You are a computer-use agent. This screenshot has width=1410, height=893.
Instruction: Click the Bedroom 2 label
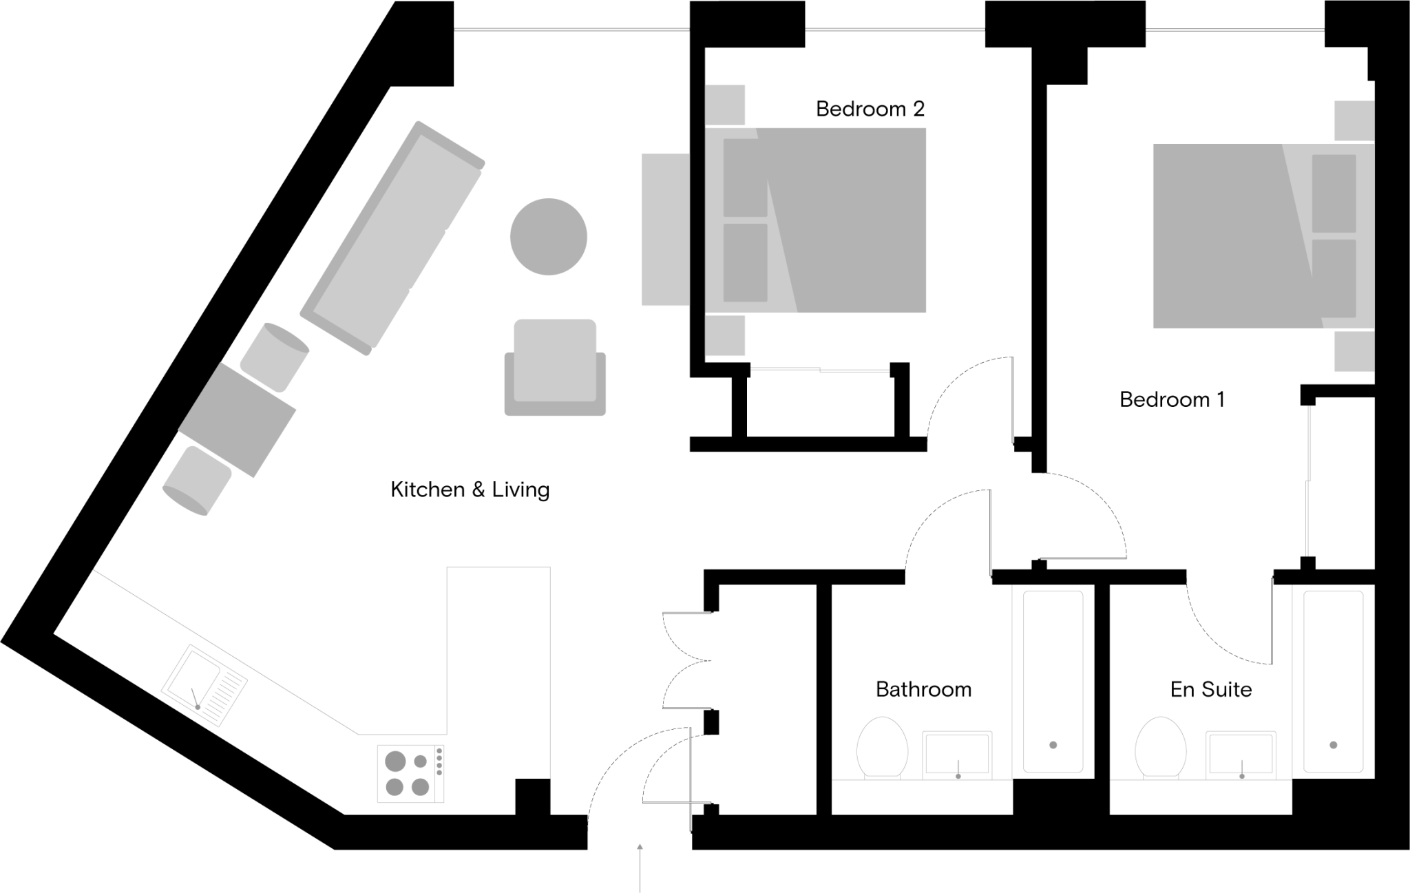[870, 109]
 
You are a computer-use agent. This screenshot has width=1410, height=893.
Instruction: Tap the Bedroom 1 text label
[1172, 399]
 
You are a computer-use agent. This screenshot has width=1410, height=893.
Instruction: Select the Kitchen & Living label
[470, 490]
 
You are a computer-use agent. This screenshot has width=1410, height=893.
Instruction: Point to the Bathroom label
[923, 689]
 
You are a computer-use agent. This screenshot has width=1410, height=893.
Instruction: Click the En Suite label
[1210, 689]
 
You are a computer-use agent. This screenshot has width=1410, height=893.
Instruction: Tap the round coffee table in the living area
[548, 236]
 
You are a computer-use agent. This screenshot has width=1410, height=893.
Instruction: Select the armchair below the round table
[555, 366]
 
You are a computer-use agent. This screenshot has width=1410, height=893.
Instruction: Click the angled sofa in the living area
[393, 238]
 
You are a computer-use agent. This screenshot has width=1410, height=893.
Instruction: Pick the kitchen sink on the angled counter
[204, 685]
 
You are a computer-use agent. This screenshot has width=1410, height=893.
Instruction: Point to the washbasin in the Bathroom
[957, 755]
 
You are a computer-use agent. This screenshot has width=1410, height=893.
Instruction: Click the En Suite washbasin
[1241, 755]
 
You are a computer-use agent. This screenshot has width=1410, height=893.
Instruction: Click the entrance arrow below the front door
[640, 868]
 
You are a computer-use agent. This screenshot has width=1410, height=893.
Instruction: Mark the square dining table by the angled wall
[238, 420]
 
